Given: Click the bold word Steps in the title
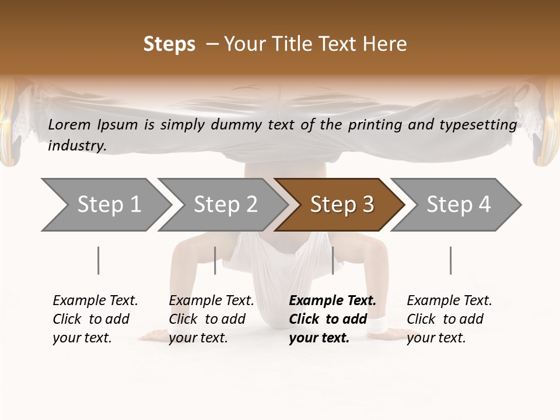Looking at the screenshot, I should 169,44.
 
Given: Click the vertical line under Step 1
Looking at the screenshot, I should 99,260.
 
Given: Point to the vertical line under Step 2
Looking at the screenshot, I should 215,260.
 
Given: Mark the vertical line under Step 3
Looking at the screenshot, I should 333,260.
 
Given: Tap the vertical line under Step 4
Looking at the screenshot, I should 450,260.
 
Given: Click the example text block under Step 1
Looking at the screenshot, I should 95,319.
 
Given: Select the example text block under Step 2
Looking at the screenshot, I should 211,319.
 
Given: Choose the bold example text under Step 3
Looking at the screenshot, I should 332,319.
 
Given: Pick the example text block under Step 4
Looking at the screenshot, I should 449,319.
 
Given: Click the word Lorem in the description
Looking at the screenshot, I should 69,124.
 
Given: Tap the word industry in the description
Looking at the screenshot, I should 77,146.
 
